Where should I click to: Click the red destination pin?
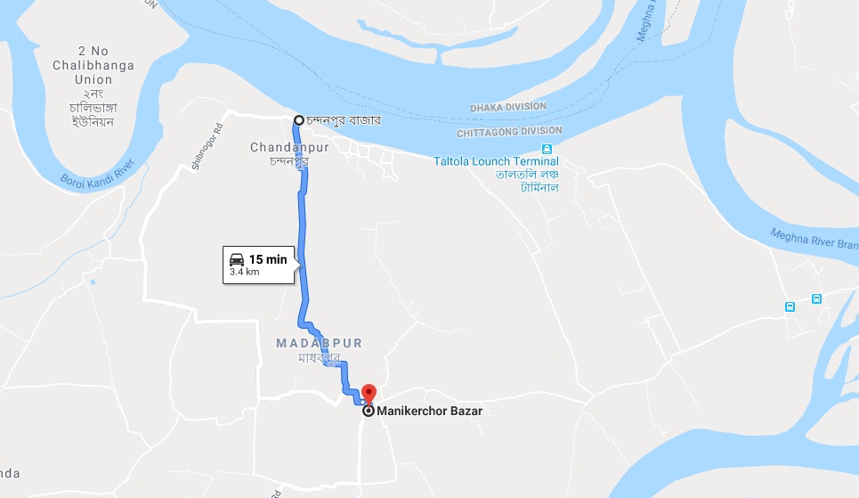coord(368,393)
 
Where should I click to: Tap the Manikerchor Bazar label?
coord(429,411)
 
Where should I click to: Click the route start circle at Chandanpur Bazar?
coord(299,120)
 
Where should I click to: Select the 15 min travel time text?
coord(268,259)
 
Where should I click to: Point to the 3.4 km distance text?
coord(245,272)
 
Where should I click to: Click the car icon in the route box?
coord(237,259)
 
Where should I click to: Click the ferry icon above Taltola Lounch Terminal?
coord(547,148)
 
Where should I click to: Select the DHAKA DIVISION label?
coord(509,107)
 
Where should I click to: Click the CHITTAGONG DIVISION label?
coord(509,131)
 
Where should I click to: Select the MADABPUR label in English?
coord(320,343)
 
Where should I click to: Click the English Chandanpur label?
coord(289,147)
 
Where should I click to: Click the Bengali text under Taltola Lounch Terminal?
coord(527,182)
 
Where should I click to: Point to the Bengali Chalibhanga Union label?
coord(82,107)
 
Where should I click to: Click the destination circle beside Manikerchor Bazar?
coord(368,411)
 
